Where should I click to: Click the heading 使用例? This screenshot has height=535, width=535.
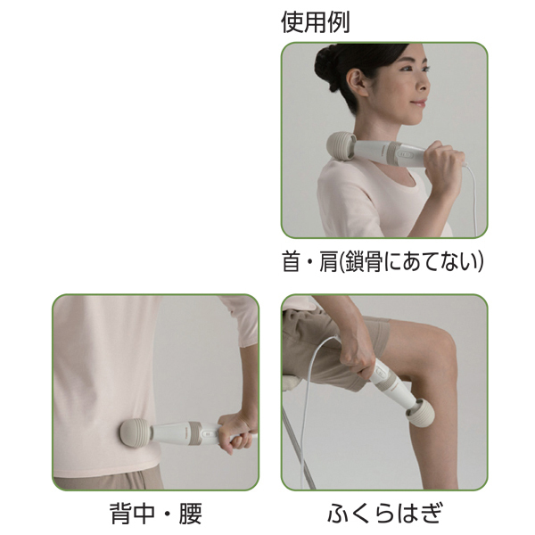[316, 22]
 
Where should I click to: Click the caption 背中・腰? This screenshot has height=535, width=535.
[156, 514]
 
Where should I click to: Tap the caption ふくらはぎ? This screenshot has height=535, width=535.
[384, 514]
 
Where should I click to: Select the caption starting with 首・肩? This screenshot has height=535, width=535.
[383, 261]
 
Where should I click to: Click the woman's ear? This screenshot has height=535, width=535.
[355, 82]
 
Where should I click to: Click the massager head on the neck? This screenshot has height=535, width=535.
[342, 146]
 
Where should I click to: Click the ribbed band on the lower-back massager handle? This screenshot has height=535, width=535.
[193, 432]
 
